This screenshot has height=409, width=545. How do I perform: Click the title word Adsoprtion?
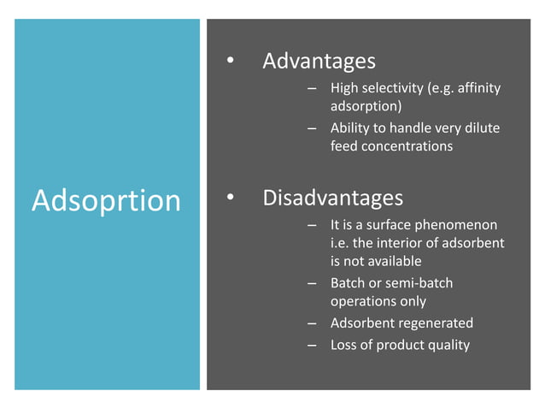pos(106,200)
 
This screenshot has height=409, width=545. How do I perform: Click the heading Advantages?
pos(319,62)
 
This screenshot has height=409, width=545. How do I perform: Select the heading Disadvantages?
pos(332,199)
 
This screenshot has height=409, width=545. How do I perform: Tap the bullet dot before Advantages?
pos(229,62)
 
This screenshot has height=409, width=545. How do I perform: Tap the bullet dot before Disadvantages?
pos(229,199)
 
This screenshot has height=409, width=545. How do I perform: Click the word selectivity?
pos(398,88)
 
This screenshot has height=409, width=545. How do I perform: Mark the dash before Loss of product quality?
pos(313,345)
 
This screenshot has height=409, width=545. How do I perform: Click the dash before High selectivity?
pos(313,88)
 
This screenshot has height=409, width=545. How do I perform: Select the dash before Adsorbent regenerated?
pos(313,323)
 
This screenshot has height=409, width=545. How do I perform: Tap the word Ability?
pos(349,128)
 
